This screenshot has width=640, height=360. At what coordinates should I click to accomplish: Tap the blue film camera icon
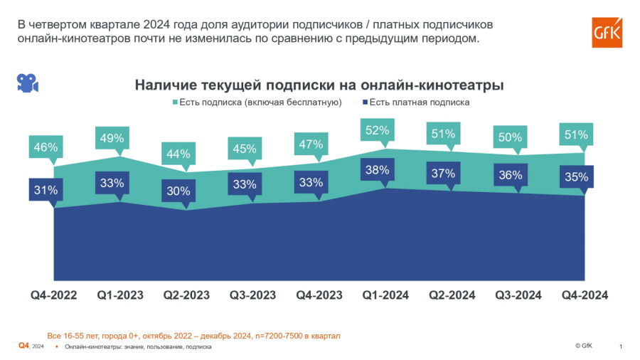tap(27, 83)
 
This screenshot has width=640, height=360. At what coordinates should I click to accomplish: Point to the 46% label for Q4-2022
tap(44, 148)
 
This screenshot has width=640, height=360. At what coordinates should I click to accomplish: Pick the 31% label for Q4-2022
tap(44, 190)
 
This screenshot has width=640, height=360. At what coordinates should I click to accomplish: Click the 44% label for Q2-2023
tap(177, 154)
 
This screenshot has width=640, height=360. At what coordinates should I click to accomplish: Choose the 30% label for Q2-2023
tap(177, 190)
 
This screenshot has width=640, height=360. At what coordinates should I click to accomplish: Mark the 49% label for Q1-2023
tap(111, 138)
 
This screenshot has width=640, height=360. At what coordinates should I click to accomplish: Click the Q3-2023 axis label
tap(253, 295)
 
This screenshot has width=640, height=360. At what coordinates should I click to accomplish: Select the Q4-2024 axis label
tap(585, 295)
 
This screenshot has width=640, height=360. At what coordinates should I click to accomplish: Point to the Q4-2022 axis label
tap(54, 295)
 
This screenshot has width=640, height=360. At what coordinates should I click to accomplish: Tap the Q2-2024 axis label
tap(452, 295)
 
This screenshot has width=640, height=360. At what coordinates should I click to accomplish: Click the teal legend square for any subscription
tap(175, 103)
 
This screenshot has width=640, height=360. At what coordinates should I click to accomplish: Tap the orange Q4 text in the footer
tap(23, 346)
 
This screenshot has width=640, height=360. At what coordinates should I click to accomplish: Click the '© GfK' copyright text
tap(583, 346)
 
